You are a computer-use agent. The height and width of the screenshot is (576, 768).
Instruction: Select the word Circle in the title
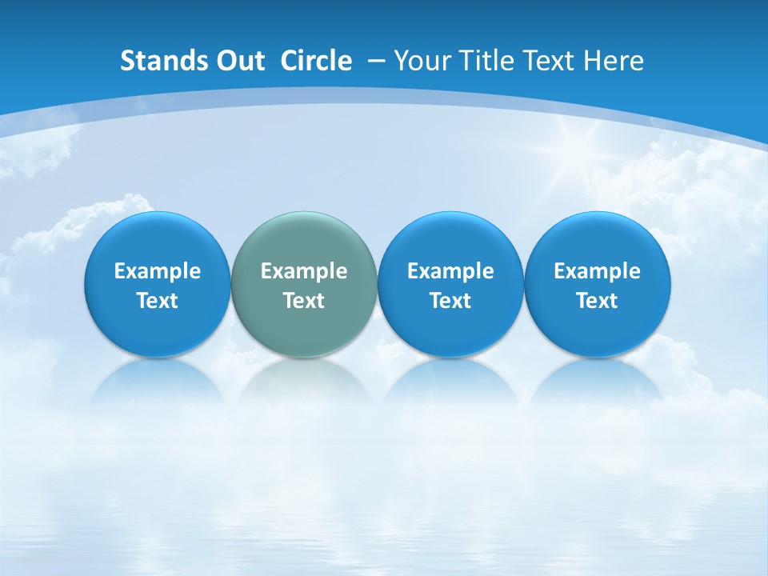tap(316, 61)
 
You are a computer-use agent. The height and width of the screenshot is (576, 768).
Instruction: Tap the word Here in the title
tap(613, 61)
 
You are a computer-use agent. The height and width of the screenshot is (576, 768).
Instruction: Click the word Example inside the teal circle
tap(304, 271)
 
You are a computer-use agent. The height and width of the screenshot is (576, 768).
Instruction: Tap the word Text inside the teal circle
tap(304, 301)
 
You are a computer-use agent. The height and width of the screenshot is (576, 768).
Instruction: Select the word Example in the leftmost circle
tap(158, 271)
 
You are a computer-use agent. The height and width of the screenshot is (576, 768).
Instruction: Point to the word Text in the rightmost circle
tap(597, 301)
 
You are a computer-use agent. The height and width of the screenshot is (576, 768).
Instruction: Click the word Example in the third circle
tap(450, 271)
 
